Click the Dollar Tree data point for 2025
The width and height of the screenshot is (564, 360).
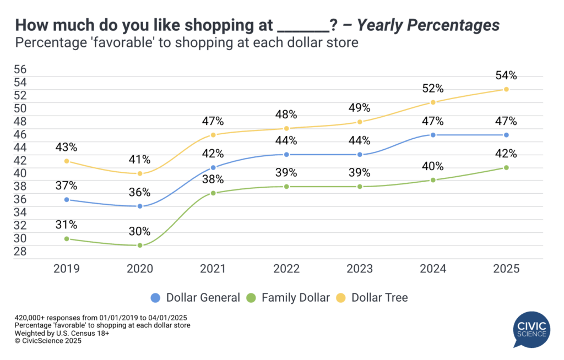pos(506,89)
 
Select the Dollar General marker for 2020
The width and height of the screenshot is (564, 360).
pos(140,206)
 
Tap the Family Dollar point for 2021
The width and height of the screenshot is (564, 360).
pos(213,193)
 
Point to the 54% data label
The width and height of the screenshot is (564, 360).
pos(506,75)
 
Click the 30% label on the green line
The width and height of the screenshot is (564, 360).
pos(140,232)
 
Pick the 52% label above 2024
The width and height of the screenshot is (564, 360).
pos(433,89)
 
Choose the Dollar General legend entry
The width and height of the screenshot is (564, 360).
pos(196,298)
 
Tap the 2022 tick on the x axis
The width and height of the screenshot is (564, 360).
pos(286,269)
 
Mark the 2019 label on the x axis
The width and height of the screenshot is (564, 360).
pos(67,269)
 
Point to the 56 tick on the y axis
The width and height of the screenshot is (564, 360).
pos(20,70)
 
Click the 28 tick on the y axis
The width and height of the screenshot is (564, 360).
pos(20,251)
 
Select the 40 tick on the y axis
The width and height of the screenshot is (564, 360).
pos(20,173)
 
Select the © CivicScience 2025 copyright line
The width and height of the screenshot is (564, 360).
pos(48,341)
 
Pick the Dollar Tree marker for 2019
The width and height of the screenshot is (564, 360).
pos(67,161)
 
